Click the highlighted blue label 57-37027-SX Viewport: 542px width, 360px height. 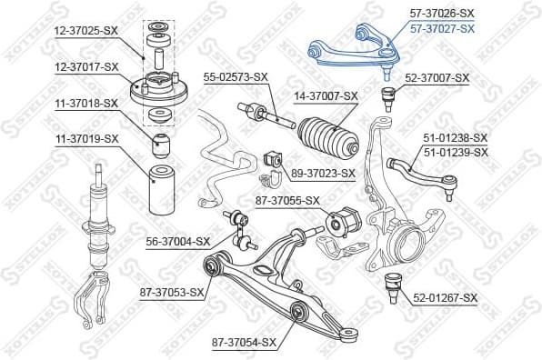[x=442, y=28]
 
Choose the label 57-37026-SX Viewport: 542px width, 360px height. [x=442, y=13]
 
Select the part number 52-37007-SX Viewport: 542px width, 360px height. [x=437, y=78]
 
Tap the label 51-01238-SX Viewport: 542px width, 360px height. [x=456, y=137]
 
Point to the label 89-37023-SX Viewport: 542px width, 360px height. [x=323, y=172]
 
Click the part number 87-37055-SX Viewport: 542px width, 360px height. [x=288, y=200]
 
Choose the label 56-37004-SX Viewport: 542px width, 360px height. [x=178, y=241]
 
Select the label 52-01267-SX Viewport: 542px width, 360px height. [x=445, y=297]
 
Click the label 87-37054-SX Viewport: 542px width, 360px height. [x=244, y=342]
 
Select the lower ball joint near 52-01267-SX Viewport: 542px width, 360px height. [x=396, y=281]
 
